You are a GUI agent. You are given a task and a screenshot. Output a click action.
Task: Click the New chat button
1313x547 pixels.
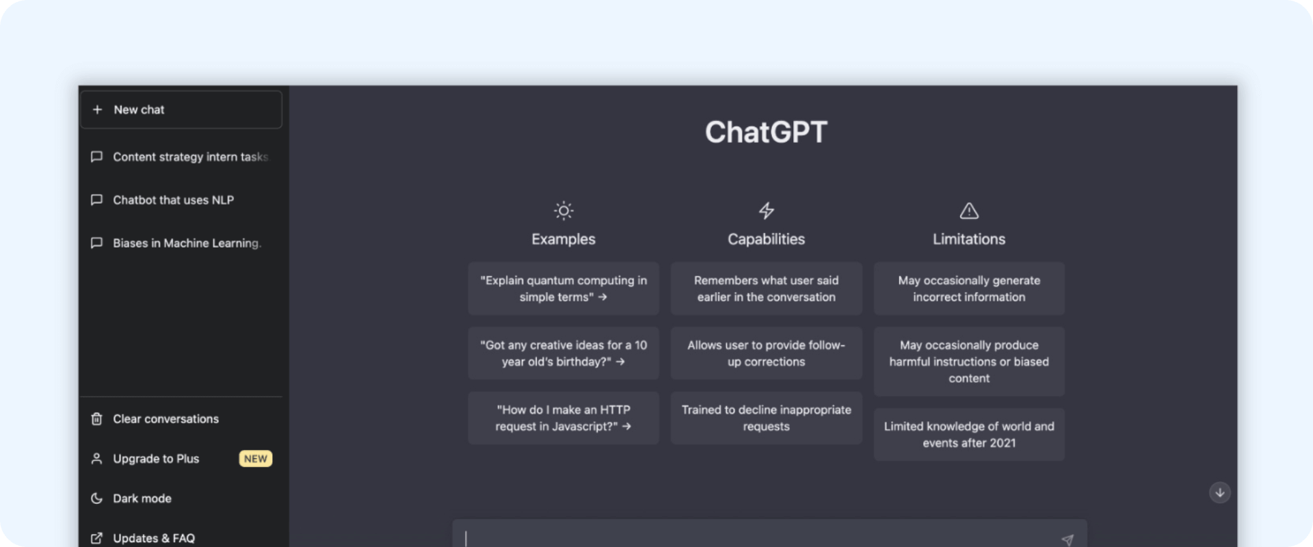(x=181, y=109)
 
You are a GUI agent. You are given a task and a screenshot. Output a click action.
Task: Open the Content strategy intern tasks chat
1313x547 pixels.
(x=180, y=157)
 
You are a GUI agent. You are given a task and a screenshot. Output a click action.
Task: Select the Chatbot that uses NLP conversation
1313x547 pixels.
(x=163, y=200)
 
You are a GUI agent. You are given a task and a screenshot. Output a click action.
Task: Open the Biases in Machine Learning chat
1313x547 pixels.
(x=176, y=243)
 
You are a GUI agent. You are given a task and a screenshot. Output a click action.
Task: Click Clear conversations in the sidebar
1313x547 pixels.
(x=155, y=418)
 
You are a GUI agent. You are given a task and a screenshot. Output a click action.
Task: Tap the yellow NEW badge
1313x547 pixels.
(x=256, y=459)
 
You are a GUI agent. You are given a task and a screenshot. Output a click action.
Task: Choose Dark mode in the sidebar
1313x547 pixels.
(x=131, y=498)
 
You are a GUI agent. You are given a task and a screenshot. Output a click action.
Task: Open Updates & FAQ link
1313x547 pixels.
(x=144, y=538)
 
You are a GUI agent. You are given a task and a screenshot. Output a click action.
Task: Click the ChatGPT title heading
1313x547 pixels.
(x=766, y=132)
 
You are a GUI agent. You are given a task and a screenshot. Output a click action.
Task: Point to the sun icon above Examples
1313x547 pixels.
(x=563, y=211)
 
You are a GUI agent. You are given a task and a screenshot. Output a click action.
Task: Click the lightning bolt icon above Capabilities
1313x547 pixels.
(x=767, y=211)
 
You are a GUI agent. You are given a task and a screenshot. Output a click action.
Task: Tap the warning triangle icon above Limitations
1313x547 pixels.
(x=969, y=211)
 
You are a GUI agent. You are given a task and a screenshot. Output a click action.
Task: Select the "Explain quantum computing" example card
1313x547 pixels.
(x=563, y=289)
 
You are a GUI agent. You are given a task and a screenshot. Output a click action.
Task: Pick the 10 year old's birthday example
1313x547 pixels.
(x=563, y=353)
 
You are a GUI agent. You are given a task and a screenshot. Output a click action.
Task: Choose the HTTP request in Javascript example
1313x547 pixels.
(x=563, y=418)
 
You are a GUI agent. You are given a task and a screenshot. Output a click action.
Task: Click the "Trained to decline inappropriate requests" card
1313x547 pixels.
(x=766, y=418)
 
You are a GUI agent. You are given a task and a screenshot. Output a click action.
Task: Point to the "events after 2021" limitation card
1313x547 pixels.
(x=969, y=434)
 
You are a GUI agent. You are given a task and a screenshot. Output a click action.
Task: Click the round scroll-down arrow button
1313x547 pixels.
(x=1220, y=492)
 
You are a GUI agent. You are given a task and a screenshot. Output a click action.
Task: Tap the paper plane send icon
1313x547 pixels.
(x=1067, y=540)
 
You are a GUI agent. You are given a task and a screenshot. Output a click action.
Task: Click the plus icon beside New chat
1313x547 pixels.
(x=97, y=109)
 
